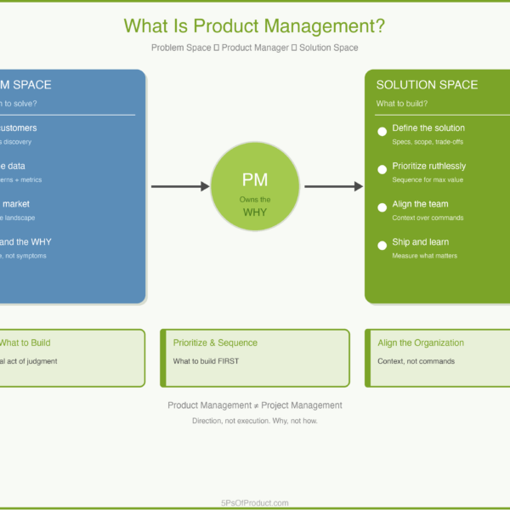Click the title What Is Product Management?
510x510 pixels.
tap(254, 25)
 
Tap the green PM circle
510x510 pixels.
tap(255, 186)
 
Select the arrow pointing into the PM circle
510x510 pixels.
tap(180, 186)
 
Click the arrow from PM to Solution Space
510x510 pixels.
tap(334, 186)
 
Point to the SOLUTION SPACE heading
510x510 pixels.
tap(427, 85)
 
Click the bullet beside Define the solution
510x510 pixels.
tap(382, 132)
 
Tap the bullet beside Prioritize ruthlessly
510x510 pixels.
tap(382, 170)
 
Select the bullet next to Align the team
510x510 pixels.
tap(382, 207)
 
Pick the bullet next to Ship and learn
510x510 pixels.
tap(382, 246)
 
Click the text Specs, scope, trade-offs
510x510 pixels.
tap(428, 142)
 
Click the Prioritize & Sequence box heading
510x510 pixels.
tap(215, 343)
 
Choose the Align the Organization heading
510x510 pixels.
tap(421, 343)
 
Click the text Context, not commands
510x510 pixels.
tap(416, 361)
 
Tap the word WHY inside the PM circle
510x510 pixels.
tap(255, 212)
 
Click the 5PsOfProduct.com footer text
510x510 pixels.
tap(254, 502)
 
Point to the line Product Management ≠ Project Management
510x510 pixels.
tap(255, 405)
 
